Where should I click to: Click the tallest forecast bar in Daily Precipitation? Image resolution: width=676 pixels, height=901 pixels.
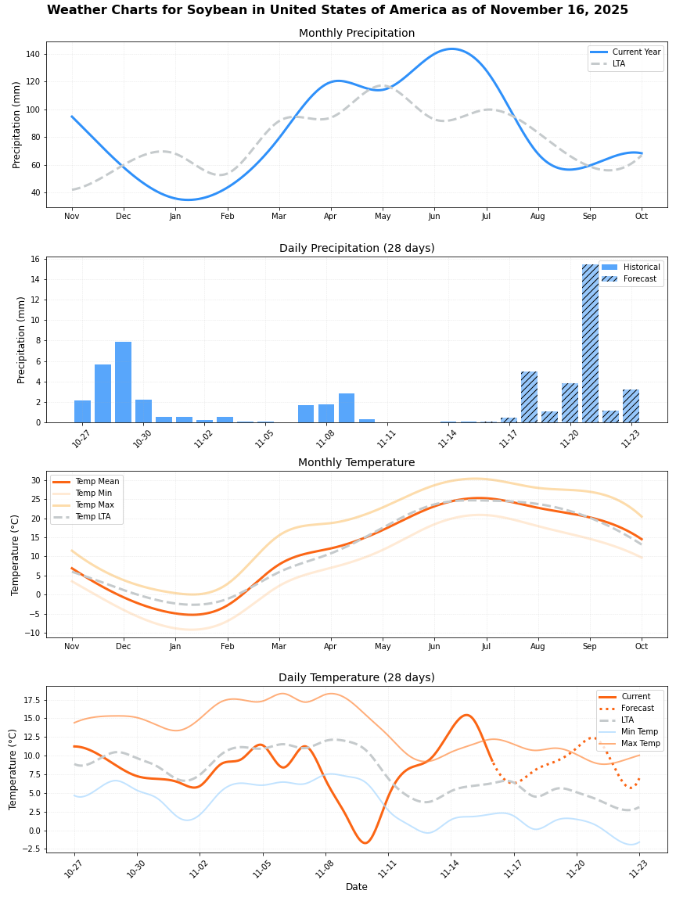pos(590,343)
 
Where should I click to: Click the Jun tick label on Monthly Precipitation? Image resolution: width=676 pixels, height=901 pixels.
pos(434,216)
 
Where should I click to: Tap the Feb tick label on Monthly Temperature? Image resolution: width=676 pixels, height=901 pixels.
pos(227,647)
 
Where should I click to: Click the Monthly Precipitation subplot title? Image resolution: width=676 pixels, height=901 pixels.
pos(357,33)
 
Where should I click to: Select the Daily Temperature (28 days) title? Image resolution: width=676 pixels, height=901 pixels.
pos(357,677)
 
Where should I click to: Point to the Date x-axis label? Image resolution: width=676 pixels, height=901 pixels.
pos(357,887)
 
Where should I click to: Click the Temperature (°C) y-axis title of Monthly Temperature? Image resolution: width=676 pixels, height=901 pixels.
pos(16,555)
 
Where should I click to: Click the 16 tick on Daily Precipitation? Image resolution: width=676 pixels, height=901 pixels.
pos(35,259)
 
